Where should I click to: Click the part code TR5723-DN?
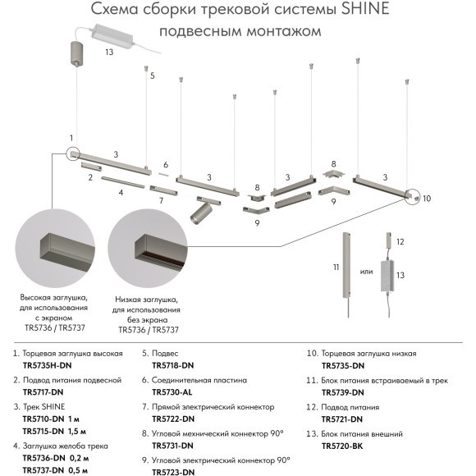173,471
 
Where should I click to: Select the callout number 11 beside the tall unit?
335,268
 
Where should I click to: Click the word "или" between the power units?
367,272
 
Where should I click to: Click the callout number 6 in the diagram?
165,164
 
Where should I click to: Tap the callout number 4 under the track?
120,193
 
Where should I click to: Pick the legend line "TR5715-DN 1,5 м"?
56,430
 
